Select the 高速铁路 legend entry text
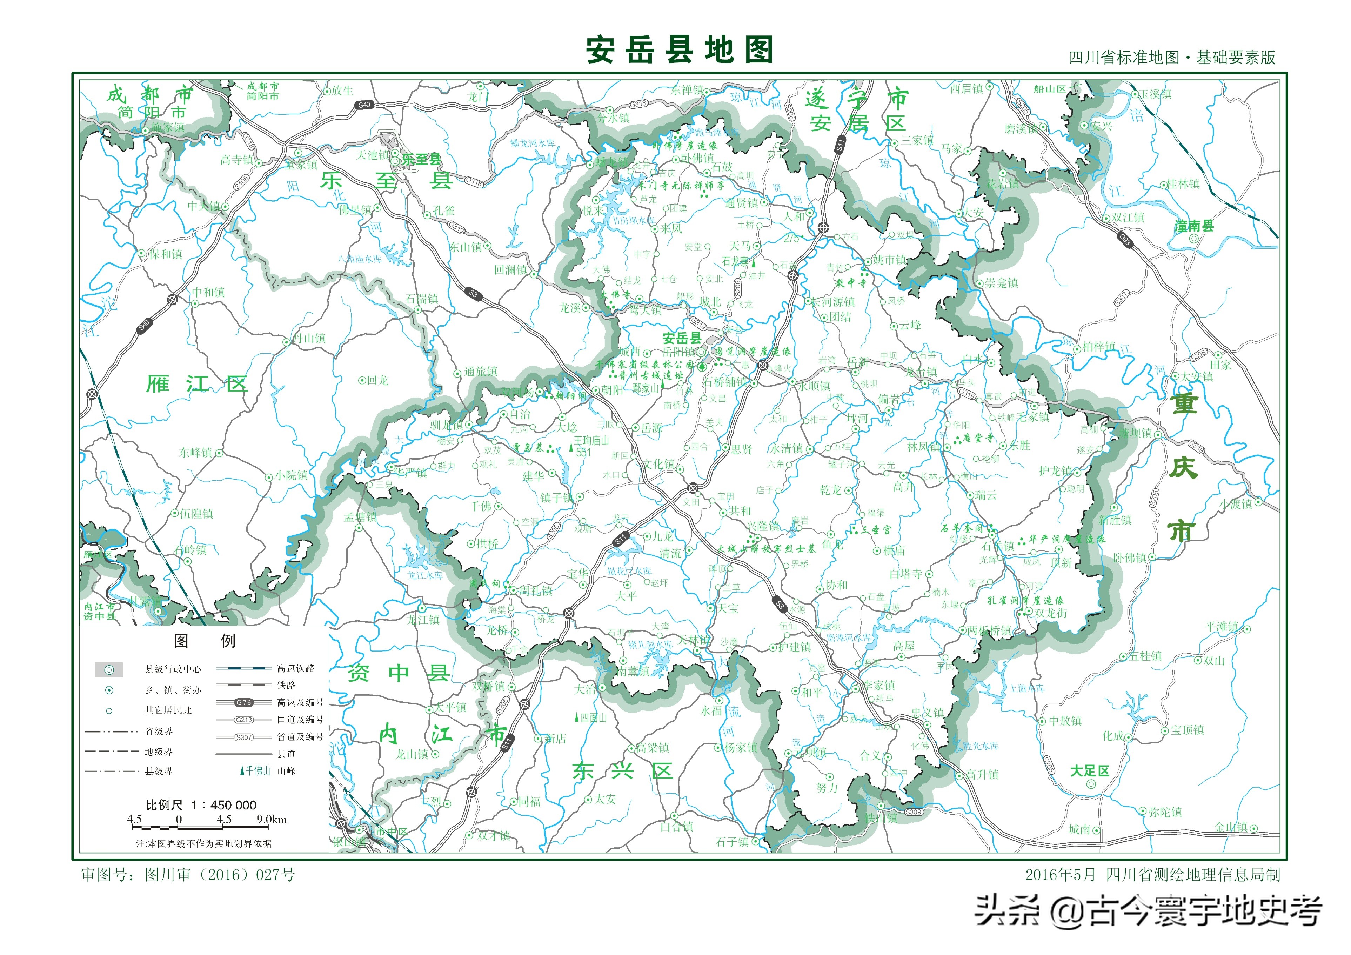point(296,668)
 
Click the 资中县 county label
point(399,673)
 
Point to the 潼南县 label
point(1194,226)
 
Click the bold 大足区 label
point(1089,771)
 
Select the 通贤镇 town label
point(741,203)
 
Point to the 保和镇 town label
point(165,254)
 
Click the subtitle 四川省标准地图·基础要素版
point(1172,58)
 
